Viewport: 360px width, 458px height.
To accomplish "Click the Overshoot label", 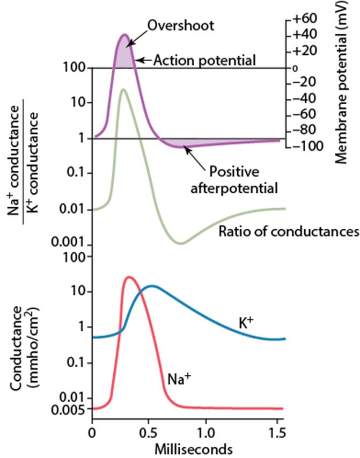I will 173,26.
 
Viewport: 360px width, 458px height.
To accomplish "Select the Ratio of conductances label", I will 288,231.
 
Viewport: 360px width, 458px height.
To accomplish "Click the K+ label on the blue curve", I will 246,322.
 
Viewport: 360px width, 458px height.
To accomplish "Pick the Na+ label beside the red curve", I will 179,379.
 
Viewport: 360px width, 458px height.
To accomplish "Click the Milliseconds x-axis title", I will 185,447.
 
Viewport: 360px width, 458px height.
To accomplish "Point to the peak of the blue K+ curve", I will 153,286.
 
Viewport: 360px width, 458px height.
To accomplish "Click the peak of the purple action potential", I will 125,35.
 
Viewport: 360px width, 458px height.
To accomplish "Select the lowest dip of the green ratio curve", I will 181,243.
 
